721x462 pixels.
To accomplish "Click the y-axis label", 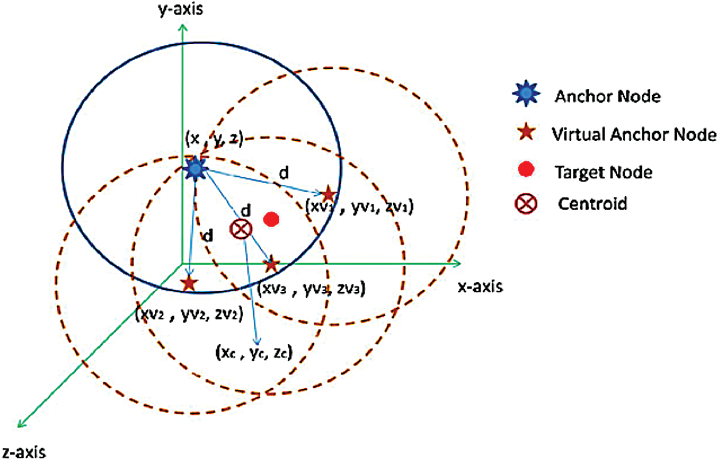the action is [x=181, y=9].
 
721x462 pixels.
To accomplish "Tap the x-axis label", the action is [x=480, y=286].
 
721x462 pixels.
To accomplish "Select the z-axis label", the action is [x=24, y=452].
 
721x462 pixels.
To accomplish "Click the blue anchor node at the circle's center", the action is [x=195, y=168].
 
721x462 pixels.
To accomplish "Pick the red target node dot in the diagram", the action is [x=271, y=219].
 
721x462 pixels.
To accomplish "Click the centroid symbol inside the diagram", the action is [x=241, y=229].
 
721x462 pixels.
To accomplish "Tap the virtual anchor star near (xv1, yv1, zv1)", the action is [x=329, y=194].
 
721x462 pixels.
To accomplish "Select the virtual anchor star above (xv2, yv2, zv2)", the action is [x=189, y=284].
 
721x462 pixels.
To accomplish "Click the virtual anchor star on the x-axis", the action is [x=271, y=265].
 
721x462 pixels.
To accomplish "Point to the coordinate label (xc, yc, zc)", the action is [x=254, y=353].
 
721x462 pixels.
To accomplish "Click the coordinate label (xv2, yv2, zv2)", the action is [x=189, y=314].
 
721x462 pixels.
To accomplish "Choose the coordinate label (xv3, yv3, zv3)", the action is [x=311, y=288].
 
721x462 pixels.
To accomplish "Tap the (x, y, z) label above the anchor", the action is [x=215, y=139].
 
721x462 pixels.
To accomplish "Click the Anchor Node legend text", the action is [x=607, y=96].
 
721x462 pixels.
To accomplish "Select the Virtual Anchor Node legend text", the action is [x=634, y=134].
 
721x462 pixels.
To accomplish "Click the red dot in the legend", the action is [x=526, y=169].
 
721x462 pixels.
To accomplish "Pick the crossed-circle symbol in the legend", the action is [x=525, y=204].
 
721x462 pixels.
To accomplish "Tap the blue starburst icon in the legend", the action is [x=526, y=94].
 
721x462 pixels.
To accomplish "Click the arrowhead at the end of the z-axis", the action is [x=20, y=424].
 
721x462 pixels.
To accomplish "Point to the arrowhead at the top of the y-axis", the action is [x=182, y=28].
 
